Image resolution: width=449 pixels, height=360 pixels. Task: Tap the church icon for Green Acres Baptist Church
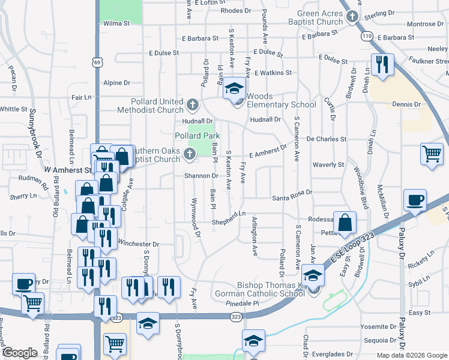click(352, 18)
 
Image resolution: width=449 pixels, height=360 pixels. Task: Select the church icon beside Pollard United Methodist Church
click(192, 106)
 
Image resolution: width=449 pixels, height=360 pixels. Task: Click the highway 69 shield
click(97, 62)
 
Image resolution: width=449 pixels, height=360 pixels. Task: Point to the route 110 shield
click(367, 37)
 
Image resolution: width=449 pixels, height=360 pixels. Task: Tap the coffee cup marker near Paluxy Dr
click(415, 200)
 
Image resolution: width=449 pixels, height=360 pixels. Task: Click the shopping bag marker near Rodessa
click(345, 223)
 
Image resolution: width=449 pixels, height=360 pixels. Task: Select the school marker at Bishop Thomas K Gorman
click(313, 275)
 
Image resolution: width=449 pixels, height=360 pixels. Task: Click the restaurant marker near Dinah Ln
click(382, 64)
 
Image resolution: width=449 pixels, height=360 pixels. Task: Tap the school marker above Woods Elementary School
click(234, 90)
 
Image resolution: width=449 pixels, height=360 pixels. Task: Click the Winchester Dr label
click(139, 244)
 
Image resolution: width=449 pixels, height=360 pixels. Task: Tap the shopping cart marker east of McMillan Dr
click(432, 153)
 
